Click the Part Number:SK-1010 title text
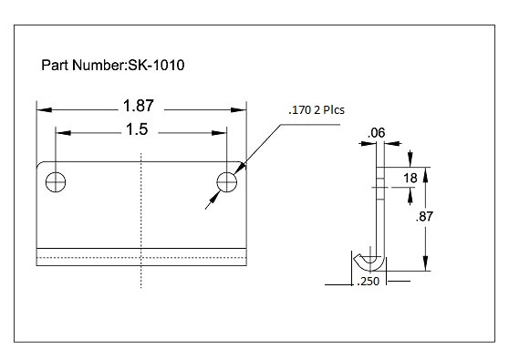pyautogui.click(x=115, y=66)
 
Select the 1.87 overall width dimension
pyautogui.click(x=142, y=106)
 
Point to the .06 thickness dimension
pyautogui.click(x=375, y=135)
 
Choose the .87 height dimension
pyautogui.click(x=424, y=217)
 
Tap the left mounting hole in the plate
pyautogui.click(x=57, y=182)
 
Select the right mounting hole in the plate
pyautogui.click(x=227, y=182)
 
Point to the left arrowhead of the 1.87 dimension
pyautogui.click(x=42, y=108)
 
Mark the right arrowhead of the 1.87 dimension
pyautogui.click(x=243, y=108)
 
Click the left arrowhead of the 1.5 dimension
pyautogui.click(x=61, y=133)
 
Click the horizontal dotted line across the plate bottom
pyautogui.click(x=141, y=259)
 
